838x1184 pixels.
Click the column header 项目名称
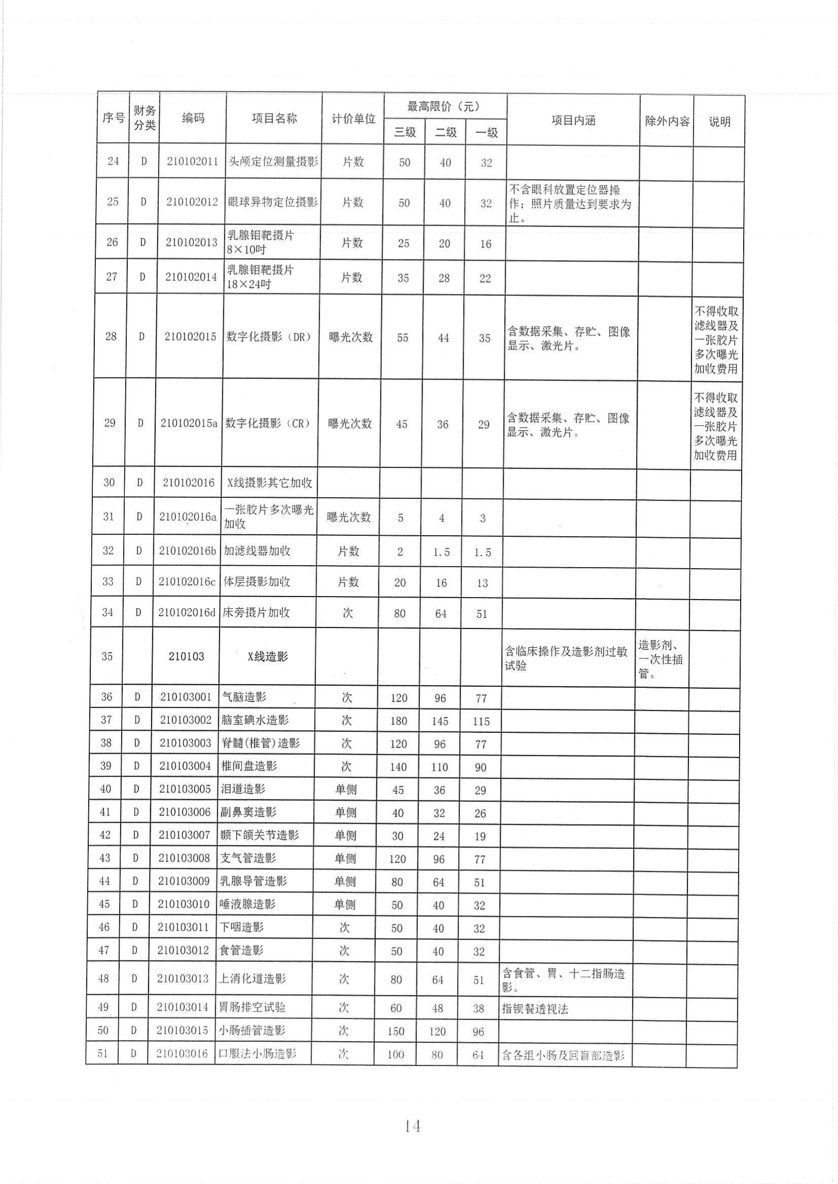274,119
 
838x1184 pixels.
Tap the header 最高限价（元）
444,107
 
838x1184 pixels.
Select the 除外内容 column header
667,122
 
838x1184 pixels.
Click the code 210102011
192,161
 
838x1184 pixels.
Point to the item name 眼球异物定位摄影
272,202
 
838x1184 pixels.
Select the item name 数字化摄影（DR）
269,337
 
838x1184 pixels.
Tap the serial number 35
107,656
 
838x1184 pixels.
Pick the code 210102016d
186,613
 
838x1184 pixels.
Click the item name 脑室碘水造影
255,720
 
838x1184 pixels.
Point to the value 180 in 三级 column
399,721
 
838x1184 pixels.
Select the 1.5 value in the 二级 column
441,552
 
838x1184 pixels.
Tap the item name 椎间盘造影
249,766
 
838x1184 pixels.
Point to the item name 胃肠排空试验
252,1007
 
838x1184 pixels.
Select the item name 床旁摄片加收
256,613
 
